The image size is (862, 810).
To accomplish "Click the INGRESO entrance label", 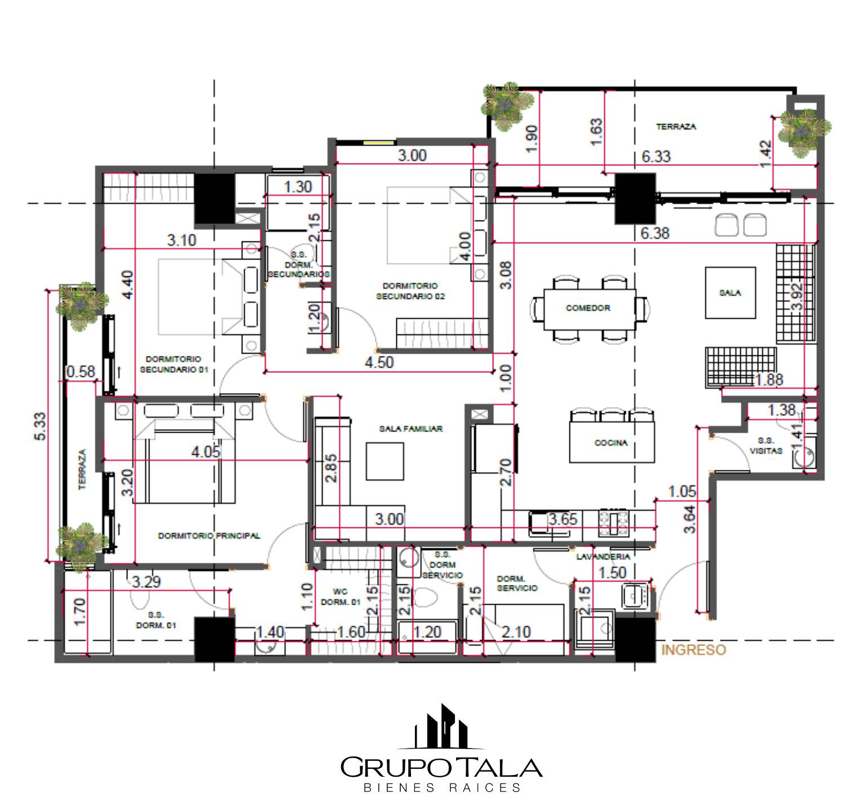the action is coord(693,650).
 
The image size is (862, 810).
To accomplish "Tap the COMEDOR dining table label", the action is coord(588,308).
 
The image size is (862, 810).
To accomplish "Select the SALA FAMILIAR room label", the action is coord(411,429).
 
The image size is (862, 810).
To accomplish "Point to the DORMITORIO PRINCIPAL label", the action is coord(209,535).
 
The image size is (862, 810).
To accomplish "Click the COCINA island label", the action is coord(611,443).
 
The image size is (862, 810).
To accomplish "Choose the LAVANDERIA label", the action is coord(603,557).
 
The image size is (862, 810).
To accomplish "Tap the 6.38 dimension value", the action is coord(655,232).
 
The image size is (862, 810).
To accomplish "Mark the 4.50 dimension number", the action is coord(379,362).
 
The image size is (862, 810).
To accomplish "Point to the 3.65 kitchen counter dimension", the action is coord(563,519).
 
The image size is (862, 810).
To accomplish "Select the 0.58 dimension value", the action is coord(81,372).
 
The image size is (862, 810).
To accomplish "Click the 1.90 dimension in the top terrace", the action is coord(531,139).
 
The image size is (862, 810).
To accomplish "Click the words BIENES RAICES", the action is coord(442,787).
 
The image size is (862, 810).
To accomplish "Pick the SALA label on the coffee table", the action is coord(730,293).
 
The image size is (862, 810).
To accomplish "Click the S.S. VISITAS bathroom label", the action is coord(766,446).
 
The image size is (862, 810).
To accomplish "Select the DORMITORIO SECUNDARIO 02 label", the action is coord(410,291).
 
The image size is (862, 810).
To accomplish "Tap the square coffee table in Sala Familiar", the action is coord(385,461).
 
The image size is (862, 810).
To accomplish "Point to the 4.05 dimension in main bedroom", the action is coord(206,452).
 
